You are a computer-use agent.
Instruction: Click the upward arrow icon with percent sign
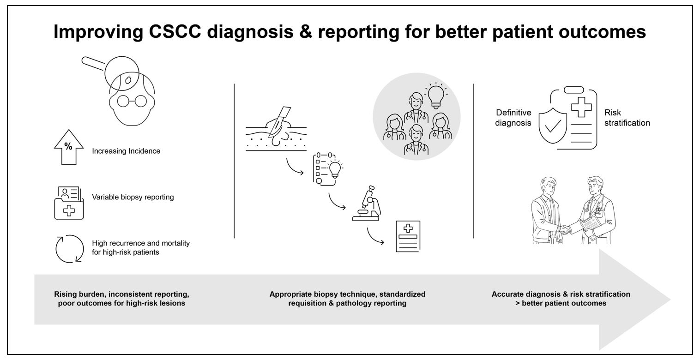[x=69, y=147]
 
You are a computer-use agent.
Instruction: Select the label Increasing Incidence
[x=126, y=151]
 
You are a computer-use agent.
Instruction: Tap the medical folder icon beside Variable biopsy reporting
[x=69, y=203]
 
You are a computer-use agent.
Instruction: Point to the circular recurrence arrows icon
[x=69, y=249]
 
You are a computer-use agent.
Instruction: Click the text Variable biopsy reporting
[x=133, y=197]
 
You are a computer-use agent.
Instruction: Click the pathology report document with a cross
[x=408, y=236]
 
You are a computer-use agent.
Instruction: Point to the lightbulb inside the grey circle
[x=435, y=96]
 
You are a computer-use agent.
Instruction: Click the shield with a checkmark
[x=553, y=124]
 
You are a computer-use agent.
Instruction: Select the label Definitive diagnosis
[x=513, y=118]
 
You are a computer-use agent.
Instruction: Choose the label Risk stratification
[x=627, y=118]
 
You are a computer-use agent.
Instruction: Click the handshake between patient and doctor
[x=565, y=229]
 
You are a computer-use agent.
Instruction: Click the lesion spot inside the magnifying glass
[x=128, y=80]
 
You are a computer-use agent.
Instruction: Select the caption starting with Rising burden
[x=121, y=299]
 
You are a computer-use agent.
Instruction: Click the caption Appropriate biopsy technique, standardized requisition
[x=347, y=299]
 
